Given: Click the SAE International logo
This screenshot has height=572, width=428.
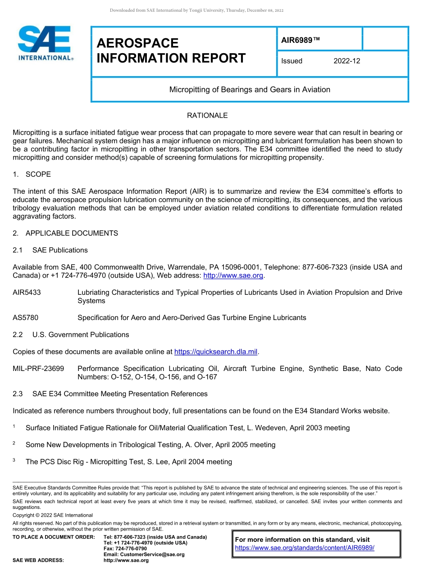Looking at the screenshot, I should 46,43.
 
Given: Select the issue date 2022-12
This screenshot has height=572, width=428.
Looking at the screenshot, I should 346,61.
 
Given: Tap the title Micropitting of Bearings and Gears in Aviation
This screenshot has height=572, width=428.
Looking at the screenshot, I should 250,90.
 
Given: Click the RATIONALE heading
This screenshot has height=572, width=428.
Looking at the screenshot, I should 207,115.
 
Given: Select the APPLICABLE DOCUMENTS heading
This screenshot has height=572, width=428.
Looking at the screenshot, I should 72,233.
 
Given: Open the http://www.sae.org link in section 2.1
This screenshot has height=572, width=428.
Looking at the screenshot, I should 233,275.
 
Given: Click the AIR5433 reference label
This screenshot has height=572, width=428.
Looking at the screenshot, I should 27,293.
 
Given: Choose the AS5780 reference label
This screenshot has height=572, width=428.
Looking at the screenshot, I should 25,318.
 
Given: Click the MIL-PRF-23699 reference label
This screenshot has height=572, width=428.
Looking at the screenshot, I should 38,369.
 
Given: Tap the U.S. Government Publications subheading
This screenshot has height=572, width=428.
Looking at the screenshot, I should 81,334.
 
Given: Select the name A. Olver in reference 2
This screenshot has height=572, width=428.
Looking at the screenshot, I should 198,445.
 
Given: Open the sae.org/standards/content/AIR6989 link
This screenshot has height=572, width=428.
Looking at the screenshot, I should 305,548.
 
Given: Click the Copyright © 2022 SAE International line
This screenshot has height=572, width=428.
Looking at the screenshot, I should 53,515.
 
